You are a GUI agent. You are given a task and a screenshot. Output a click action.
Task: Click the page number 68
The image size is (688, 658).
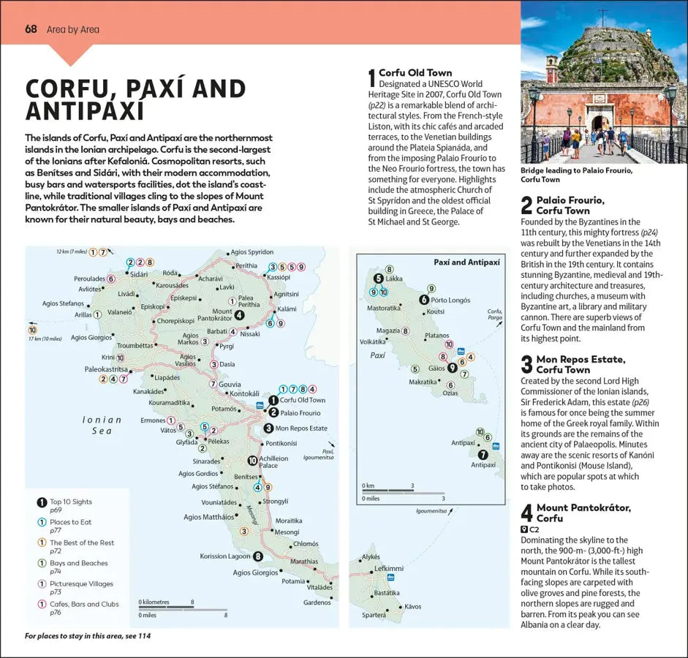31,29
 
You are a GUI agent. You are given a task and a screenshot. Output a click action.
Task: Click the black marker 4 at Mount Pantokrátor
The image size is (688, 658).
239,315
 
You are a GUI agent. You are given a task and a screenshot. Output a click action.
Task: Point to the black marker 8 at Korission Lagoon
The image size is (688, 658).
258,556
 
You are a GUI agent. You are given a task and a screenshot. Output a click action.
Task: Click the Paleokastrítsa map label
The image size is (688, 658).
106,369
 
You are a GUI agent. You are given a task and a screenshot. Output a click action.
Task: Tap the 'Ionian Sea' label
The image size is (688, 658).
102,426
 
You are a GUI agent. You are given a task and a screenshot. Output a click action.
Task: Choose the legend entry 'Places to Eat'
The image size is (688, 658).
70,522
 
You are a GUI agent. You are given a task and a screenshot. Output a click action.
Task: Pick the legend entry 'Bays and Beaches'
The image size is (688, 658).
78,563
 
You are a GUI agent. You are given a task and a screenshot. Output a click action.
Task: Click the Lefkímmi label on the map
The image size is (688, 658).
388,568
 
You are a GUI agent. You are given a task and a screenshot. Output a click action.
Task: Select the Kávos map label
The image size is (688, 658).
413,606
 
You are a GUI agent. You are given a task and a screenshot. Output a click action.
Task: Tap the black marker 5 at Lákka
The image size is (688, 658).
378,279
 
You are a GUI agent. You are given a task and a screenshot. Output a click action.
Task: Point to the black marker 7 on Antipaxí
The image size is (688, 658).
483,454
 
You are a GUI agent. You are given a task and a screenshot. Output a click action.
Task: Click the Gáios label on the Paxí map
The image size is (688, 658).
436,368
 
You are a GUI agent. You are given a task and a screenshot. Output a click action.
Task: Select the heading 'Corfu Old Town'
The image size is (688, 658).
415,73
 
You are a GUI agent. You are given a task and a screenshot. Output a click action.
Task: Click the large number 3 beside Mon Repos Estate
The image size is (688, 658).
526,364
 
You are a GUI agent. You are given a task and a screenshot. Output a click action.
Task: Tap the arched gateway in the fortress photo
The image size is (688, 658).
600,123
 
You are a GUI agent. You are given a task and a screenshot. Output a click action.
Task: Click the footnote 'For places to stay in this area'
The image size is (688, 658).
88,636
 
